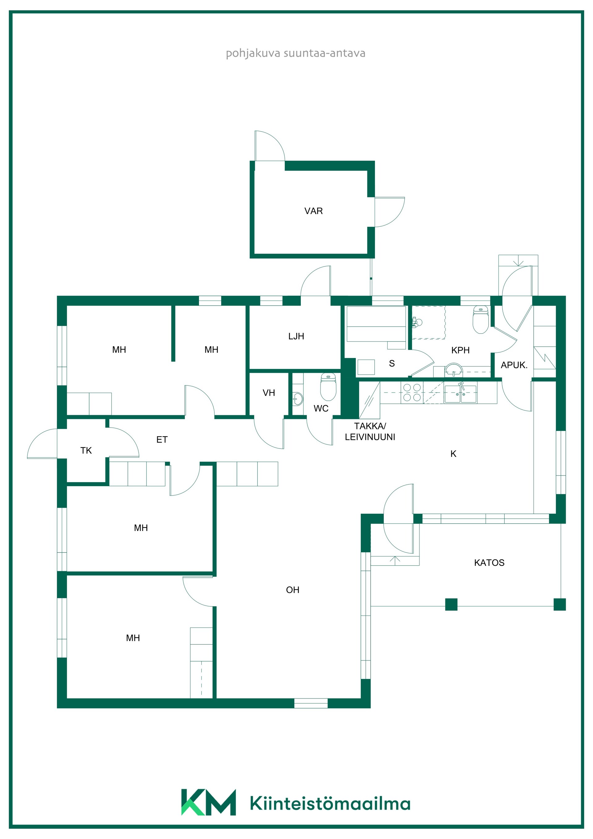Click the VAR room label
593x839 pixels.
tap(313, 211)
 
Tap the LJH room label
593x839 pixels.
tap(296, 336)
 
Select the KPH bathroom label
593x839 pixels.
tap(461, 350)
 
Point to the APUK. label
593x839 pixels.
tap(514, 365)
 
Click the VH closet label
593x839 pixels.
tap(269, 393)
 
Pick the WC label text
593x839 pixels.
tap(321, 409)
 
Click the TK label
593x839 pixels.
tap(86, 451)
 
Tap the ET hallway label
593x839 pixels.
tap(162, 440)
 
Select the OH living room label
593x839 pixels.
tap(293, 590)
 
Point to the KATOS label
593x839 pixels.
tap(489, 563)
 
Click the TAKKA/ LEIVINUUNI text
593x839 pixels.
tap(370, 431)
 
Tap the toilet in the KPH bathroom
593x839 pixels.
tap(481, 320)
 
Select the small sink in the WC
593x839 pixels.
tap(298, 399)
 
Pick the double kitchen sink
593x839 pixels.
tap(461, 394)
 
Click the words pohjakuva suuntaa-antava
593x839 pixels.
tap(296, 53)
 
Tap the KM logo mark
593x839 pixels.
tap(208, 802)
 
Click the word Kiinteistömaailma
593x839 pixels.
tap(330, 803)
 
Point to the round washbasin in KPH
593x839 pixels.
tap(453, 370)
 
